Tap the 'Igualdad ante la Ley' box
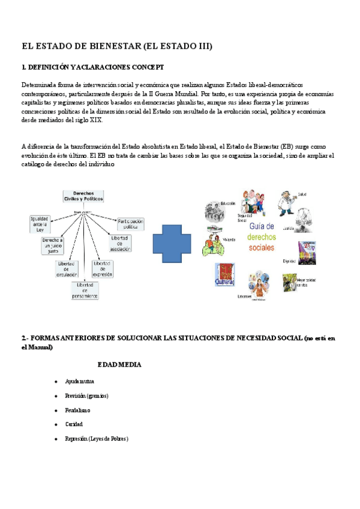point(40,224)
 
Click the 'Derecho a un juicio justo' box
point(53,245)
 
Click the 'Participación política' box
point(131,223)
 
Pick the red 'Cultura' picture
point(224,274)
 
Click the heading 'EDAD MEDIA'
point(119,364)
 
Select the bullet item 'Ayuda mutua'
point(79,381)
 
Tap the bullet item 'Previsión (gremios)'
point(86,396)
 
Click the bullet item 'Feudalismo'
point(77,410)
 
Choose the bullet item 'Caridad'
point(74,424)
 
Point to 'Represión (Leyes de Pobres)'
point(97,439)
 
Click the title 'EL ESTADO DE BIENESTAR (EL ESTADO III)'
point(117,46)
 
